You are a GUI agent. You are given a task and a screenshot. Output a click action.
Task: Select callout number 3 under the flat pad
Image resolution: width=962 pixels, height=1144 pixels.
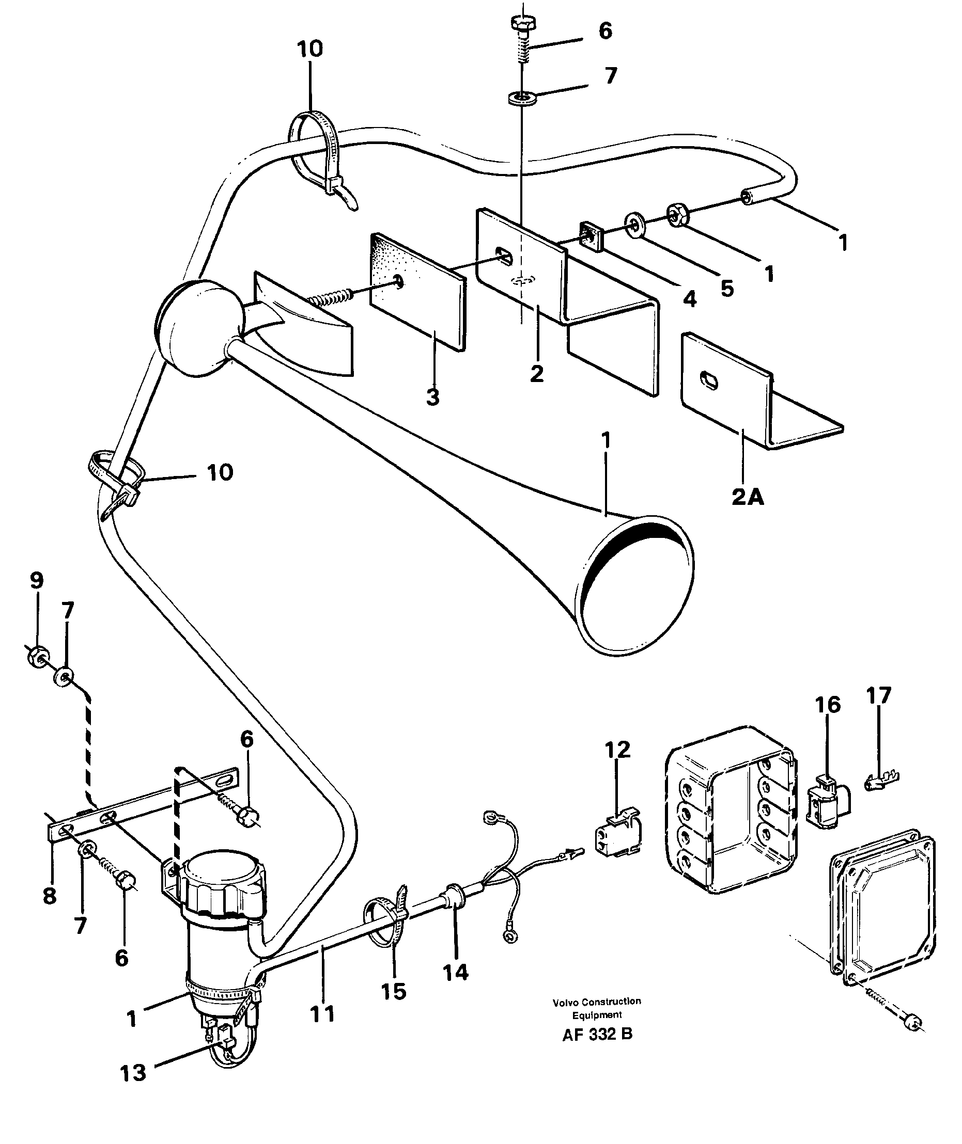pos(432,398)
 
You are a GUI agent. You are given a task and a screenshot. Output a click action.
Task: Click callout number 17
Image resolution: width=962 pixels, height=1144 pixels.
pos(878,695)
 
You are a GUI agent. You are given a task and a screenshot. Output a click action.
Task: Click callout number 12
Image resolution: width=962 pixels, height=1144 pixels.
pos(617,750)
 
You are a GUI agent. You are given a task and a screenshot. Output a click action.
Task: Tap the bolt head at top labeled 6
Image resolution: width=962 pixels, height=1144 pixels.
pos(523,23)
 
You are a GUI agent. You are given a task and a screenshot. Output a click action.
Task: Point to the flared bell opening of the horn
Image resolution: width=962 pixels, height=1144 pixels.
pos(635,586)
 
